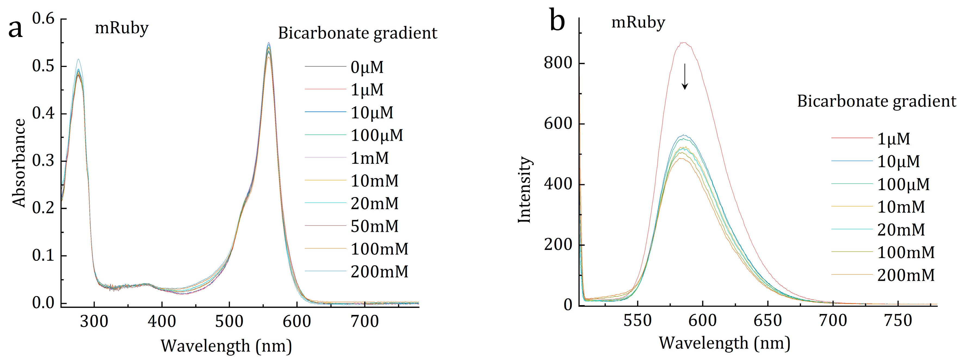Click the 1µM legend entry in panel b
[893, 139]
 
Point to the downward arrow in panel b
[685, 77]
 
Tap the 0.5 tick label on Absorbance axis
[43, 66]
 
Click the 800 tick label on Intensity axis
[558, 63]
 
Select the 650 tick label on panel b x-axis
[768, 320]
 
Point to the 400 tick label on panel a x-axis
[161, 321]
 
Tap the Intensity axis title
[524, 190]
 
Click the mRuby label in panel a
[122, 28]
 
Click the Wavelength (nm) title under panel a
[226, 346]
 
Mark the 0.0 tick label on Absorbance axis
[43, 303]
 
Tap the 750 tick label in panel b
[898, 320]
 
